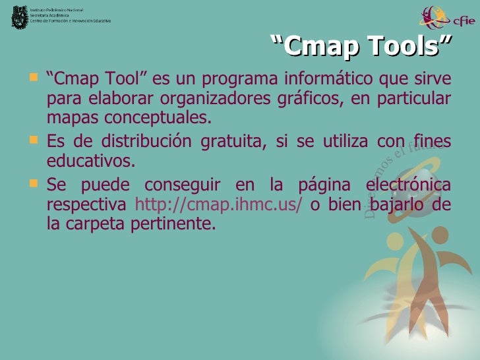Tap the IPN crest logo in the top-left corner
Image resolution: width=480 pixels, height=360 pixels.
17,16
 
